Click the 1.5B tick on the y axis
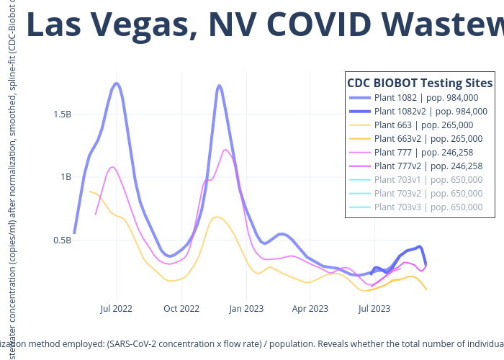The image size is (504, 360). click(62, 114)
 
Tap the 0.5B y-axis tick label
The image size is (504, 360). click(62, 240)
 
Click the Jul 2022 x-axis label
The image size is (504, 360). click(116, 309)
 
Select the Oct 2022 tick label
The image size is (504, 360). click(181, 309)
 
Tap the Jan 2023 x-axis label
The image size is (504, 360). click(246, 309)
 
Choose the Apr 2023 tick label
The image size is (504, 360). click(310, 309)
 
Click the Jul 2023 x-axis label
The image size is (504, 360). click(374, 309)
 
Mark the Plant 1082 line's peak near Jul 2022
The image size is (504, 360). click(117, 84)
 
